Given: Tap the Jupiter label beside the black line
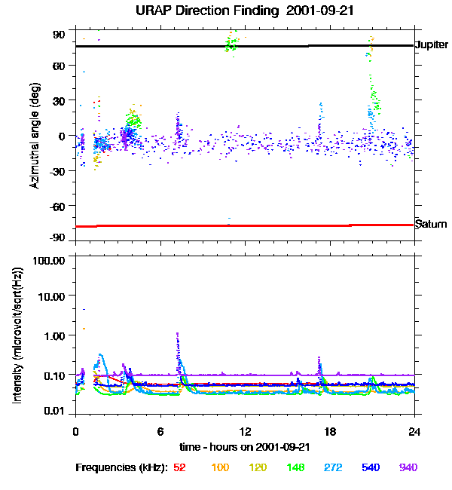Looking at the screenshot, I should [432, 45].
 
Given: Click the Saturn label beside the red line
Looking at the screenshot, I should [431, 225].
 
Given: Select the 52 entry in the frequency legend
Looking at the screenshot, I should [179, 467].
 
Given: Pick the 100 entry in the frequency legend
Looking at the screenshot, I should [220, 467].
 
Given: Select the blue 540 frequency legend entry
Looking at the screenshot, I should [370, 467].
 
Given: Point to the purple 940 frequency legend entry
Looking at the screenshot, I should [408, 467].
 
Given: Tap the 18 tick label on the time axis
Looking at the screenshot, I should [329, 431].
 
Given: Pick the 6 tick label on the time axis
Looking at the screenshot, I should [160, 431].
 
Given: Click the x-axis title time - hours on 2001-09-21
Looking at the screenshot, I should [245, 446].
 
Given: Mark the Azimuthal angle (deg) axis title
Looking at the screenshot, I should [35, 136].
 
